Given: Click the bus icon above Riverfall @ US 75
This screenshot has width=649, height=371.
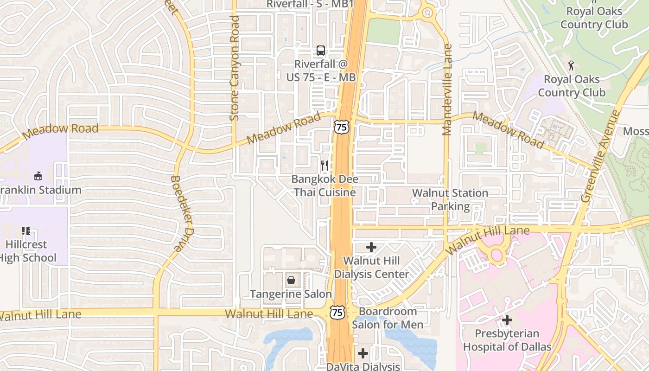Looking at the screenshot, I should tap(320, 50).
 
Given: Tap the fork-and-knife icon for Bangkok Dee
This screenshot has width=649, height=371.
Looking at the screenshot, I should tap(324, 165).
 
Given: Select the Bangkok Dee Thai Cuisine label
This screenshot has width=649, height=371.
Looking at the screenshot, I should tap(324, 185).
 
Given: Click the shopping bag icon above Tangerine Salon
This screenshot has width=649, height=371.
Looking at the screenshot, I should tap(291, 280).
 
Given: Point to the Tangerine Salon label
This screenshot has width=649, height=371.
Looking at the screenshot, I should tap(291, 294).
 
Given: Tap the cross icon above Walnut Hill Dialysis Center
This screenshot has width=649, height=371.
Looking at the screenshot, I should tap(371, 247).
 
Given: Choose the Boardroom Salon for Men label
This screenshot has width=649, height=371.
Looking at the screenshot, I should tap(388, 318).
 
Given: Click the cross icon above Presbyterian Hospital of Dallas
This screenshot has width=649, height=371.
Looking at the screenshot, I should tap(507, 320).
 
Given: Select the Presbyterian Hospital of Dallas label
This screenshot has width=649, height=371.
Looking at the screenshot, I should tap(507, 340).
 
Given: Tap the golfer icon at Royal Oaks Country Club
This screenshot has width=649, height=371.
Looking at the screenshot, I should tap(571, 65).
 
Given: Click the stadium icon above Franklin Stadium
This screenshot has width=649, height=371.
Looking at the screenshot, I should tap(38, 176).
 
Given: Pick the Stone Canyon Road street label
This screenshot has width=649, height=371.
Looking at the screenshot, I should tap(235, 68).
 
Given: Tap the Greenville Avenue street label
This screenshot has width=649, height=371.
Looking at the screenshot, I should tap(601, 156).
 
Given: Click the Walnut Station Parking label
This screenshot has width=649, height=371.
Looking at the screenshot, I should tap(450, 199).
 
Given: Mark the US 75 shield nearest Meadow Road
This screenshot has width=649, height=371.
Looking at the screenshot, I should tap(341, 126).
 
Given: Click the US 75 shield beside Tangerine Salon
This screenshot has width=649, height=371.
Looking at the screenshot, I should tap(337, 312).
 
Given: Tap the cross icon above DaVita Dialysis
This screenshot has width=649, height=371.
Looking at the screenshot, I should tap(363, 353).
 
